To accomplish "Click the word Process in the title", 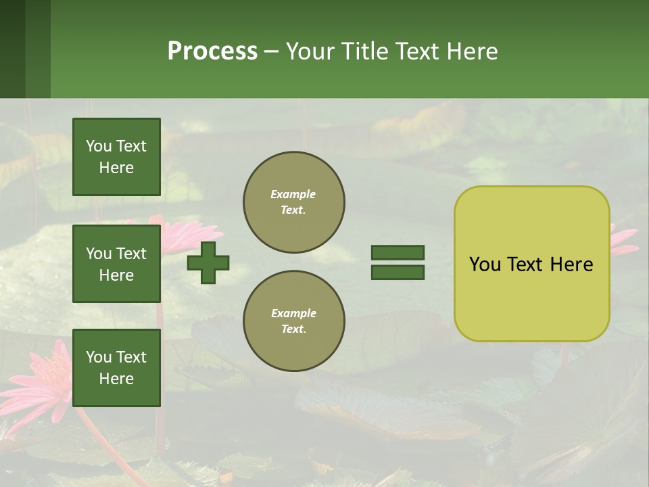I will pos(212,51).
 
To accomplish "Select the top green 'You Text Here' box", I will pos(116,157).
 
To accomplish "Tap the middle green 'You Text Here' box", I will pos(116,264).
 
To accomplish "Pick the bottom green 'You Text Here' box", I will pos(116,368).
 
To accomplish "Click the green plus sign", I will pos(208,262).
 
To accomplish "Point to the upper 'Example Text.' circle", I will pos(294,202).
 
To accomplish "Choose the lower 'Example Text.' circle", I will pos(294,321).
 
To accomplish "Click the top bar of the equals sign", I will pos(398,252).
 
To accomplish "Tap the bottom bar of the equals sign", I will pos(398,273).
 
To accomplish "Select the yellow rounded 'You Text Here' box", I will pos(531,264).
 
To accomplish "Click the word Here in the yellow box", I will pos(571,264).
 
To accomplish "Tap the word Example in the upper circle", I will pos(293,194).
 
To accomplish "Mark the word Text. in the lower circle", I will pos(293,329).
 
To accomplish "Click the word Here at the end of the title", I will pos(473,51).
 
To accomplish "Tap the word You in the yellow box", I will pos(485,264).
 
